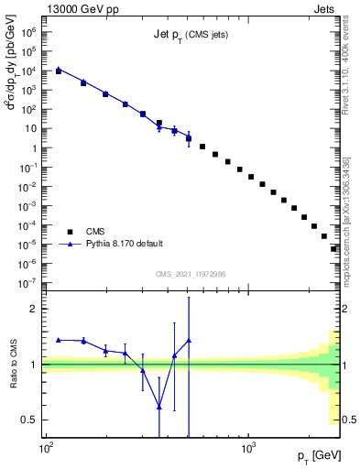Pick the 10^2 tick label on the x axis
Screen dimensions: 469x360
[x=46, y=449]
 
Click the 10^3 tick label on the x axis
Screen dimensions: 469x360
[x=248, y=449]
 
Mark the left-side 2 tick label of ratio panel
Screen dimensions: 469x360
[x=33, y=309]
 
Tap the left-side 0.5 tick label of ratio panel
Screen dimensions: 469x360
[x=30, y=420]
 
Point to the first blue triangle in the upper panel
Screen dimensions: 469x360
[x=59, y=68]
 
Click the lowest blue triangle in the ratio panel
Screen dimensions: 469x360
[x=159, y=407]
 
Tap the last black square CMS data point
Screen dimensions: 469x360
[x=334, y=248]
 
